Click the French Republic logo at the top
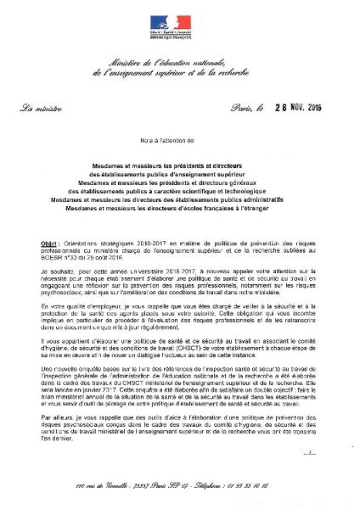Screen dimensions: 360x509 pyautogui.click(x=181, y=25)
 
